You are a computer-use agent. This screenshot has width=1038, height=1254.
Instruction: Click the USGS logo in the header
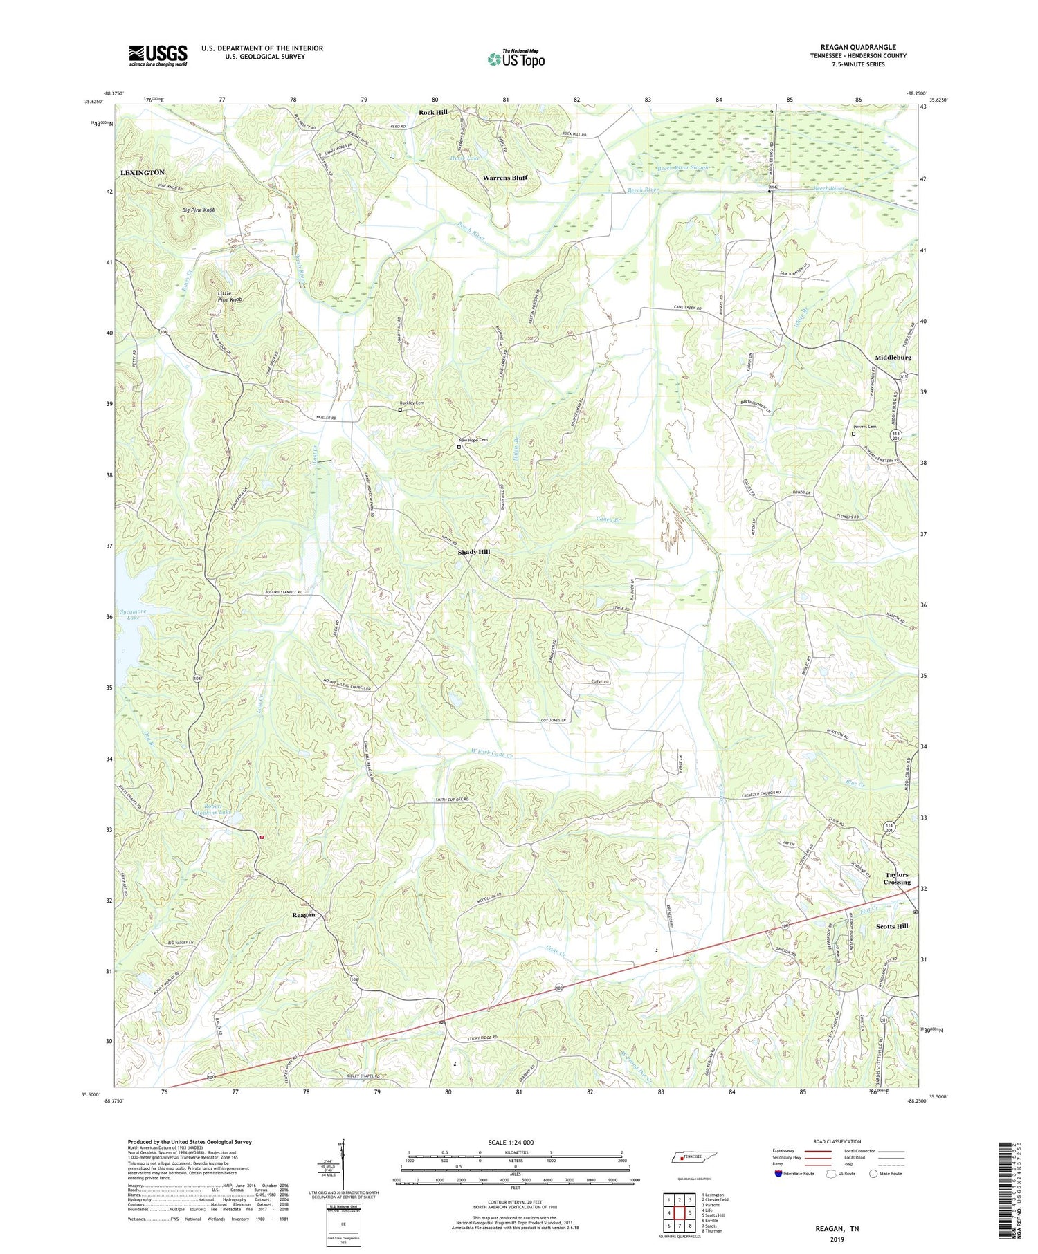coord(158,55)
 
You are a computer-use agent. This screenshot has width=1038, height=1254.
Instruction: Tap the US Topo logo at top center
coord(516,59)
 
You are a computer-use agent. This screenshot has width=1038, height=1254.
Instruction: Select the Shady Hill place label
coord(474,552)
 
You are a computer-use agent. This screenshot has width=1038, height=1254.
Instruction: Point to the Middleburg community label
coord(893,358)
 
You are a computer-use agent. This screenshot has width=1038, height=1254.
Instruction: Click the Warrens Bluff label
coord(504,178)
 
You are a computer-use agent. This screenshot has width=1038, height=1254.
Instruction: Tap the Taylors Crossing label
coord(898,878)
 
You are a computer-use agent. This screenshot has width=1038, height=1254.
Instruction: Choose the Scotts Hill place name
coord(892,925)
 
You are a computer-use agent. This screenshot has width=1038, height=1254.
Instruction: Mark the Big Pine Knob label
coord(199,210)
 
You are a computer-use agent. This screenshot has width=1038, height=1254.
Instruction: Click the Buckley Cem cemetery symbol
coord(399,410)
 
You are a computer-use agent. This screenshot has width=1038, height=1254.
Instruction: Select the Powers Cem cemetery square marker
coord(853,434)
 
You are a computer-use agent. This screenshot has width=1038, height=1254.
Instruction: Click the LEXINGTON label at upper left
coord(143,172)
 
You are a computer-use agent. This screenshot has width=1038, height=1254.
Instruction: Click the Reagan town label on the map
coord(299,915)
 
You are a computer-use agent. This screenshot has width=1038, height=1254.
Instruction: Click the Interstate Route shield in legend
coord(778,1174)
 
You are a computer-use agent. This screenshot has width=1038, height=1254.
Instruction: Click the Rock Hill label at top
coord(432,112)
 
